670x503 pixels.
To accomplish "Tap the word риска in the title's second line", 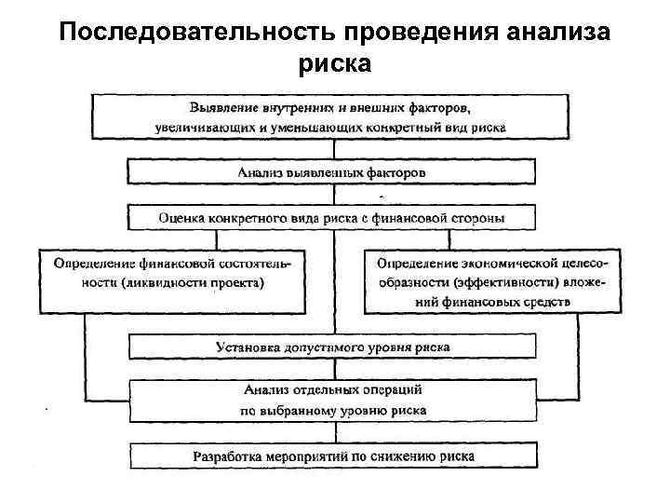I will [x=335, y=64].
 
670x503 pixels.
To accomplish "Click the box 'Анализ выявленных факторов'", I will [x=331, y=172].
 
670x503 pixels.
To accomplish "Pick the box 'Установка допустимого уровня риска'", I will [x=332, y=347].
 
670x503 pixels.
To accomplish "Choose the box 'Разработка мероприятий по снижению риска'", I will [x=332, y=456].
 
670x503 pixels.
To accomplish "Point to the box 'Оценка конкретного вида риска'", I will [x=332, y=218].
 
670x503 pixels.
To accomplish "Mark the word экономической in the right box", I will [x=501, y=262].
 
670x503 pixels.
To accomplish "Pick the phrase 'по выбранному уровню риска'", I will [x=332, y=410].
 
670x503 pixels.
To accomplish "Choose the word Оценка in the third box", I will [x=181, y=218].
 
